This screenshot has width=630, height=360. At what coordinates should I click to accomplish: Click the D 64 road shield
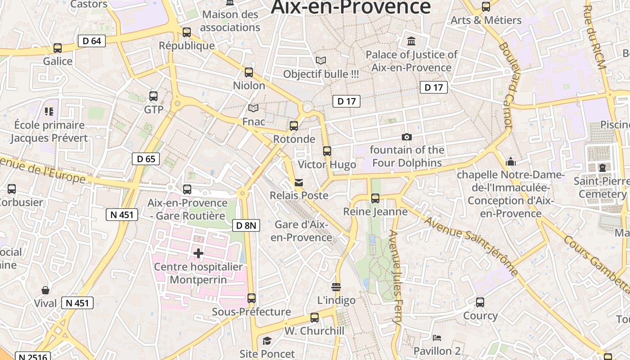pyautogui.click(x=92, y=41)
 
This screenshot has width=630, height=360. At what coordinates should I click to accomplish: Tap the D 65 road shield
pyautogui.click(x=146, y=158)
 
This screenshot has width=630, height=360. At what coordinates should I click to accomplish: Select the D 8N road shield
pyautogui.click(x=246, y=225)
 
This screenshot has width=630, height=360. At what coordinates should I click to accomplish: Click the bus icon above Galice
pyautogui.click(x=58, y=48)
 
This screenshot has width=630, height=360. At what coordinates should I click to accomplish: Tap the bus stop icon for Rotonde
pyautogui.click(x=294, y=126)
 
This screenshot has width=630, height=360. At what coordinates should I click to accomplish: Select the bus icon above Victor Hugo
pyautogui.click(x=327, y=151)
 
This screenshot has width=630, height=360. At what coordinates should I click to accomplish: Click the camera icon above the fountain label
pyautogui.click(x=406, y=137)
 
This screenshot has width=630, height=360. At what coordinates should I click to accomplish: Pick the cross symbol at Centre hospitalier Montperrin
pyautogui.click(x=198, y=253)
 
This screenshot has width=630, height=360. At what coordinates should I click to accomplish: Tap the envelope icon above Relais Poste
pyautogui.click(x=299, y=182)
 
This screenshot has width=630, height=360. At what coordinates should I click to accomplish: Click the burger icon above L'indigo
pyautogui.click(x=336, y=287)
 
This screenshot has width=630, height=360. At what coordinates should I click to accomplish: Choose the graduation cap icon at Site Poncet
pyautogui.click(x=267, y=341)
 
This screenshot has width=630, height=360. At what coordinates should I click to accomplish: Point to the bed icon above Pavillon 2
pyautogui.click(x=436, y=337)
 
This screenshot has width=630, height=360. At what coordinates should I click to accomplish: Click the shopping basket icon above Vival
pyautogui.click(x=45, y=290)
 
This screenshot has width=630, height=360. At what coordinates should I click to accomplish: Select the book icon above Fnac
pyautogui.click(x=253, y=108)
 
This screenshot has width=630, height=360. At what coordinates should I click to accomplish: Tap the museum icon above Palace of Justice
pyautogui.click(x=411, y=41)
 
